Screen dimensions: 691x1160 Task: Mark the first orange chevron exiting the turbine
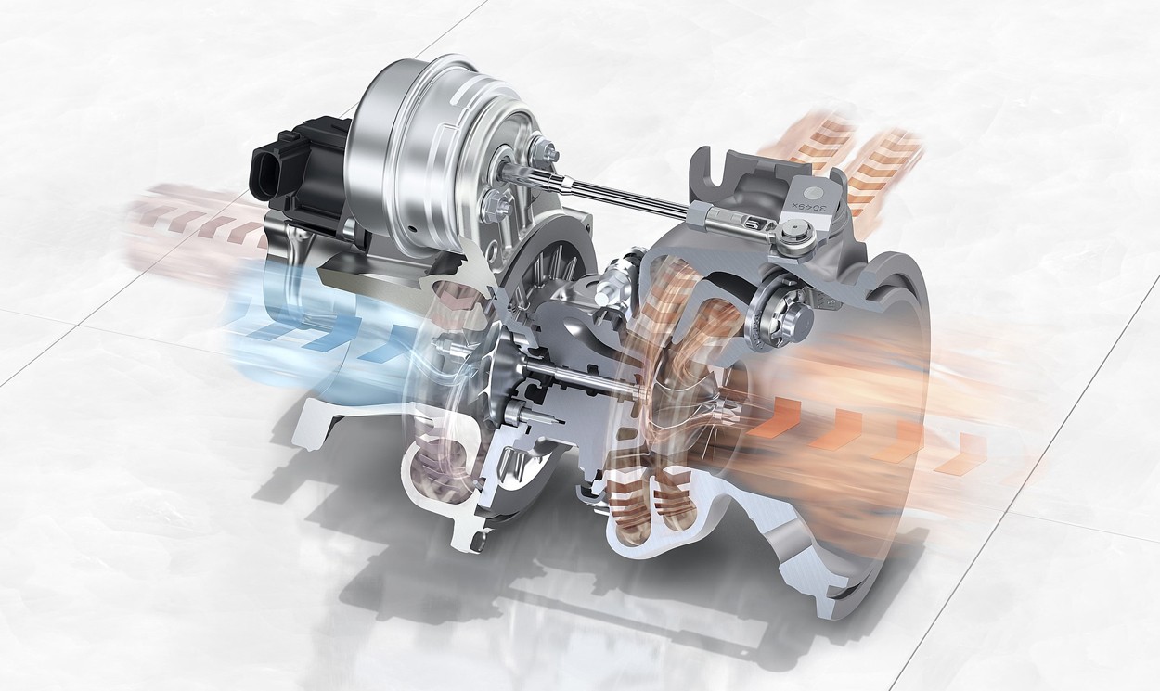[775, 417]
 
